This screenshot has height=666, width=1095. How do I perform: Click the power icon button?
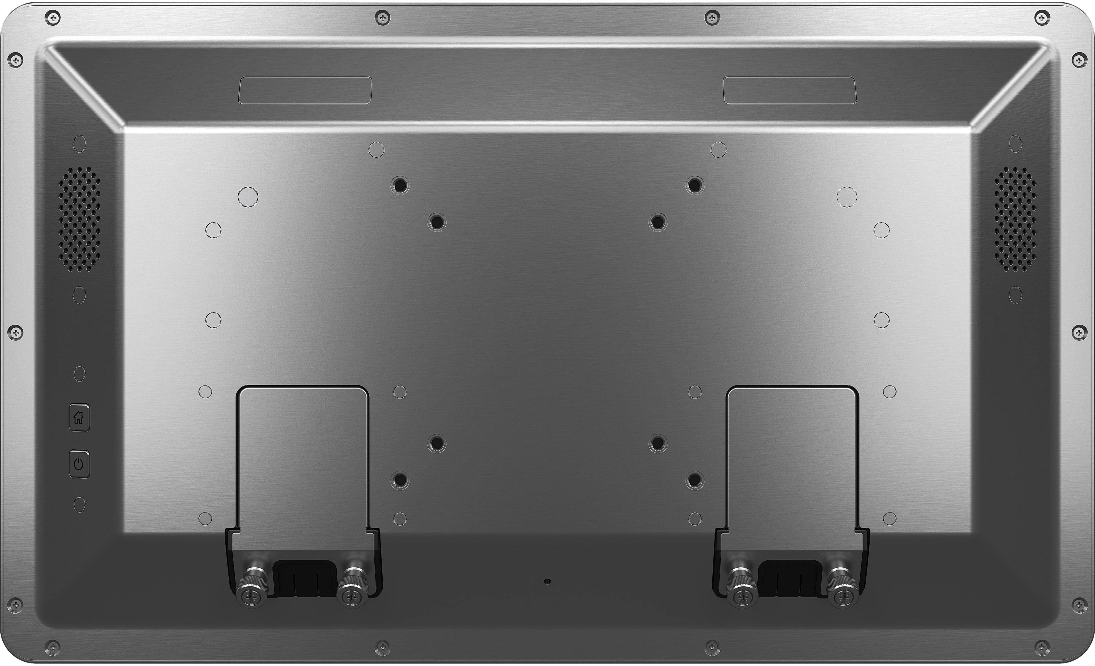pyautogui.click(x=79, y=464)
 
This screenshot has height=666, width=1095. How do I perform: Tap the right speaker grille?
pyautogui.click(x=1015, y=219)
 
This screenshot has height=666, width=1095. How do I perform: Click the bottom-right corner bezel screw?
pyautogui.click(x=1042, y=647)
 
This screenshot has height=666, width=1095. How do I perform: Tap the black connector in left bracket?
pyautogui.click(x=305, y=578)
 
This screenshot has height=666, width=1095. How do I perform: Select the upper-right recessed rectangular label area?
pyautogui.click(x=789, y=90)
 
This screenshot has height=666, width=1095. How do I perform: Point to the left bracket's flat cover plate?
pyautogui.click(x=302, y=458)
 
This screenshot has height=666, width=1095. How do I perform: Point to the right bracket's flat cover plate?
pyautogui.click(x=792, y=458)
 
